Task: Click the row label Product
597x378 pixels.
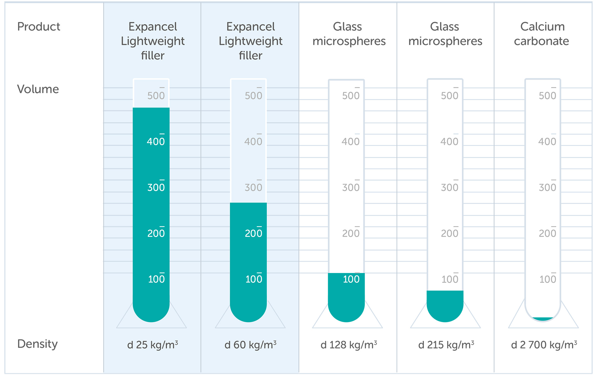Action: (39, 27)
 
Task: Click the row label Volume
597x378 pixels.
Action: (38, 89)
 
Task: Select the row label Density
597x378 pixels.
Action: (38, 344)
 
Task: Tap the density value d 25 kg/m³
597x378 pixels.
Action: (152, 344)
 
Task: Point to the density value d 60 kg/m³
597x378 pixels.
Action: (250, 344)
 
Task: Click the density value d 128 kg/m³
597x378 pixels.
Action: (349, 344)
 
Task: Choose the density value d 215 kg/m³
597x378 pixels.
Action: (446, 344)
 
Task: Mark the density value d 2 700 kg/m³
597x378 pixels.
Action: (544, 344)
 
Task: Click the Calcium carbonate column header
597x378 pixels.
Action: (542, 34)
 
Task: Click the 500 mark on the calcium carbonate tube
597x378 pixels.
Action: (547, 95)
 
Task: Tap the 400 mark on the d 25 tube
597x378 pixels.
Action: (156, 141)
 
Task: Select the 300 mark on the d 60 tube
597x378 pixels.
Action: (253, 187)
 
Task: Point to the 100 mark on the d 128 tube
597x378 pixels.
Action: (351, 279)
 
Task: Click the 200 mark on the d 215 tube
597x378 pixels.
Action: (450, 233)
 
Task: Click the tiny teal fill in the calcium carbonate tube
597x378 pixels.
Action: (543, 319)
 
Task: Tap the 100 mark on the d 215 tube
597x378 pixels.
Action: (450, 279)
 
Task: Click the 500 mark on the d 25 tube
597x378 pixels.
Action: (156, 95)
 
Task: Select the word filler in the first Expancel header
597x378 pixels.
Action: (152, 56)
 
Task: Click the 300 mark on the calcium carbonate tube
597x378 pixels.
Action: (547, 187)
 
